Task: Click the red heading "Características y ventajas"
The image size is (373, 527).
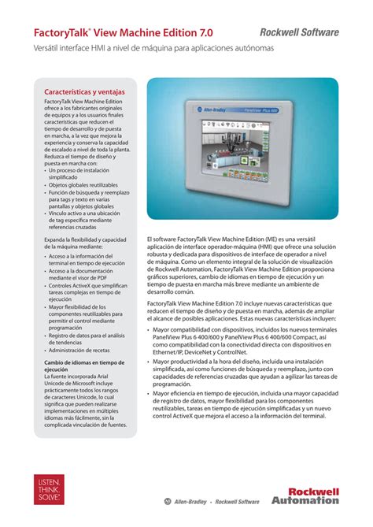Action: pos(84,93)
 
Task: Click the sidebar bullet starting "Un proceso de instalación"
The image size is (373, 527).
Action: pos(79,173)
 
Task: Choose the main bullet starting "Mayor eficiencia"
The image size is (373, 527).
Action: pos(246,405)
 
